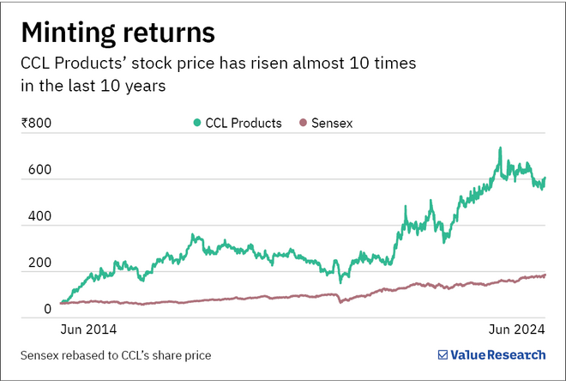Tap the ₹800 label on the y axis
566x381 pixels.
pos(36,123)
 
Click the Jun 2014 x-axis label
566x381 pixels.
pos(87,330)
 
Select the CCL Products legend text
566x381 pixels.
pos(243,123)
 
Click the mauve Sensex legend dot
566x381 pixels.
pos(301,123)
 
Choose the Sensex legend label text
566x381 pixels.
pos(331,123)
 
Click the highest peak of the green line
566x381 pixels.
pos(500,148)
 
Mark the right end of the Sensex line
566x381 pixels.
pos(544,275)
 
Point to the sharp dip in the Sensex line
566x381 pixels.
pos(340,302)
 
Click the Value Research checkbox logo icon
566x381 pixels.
pos(443,354)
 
